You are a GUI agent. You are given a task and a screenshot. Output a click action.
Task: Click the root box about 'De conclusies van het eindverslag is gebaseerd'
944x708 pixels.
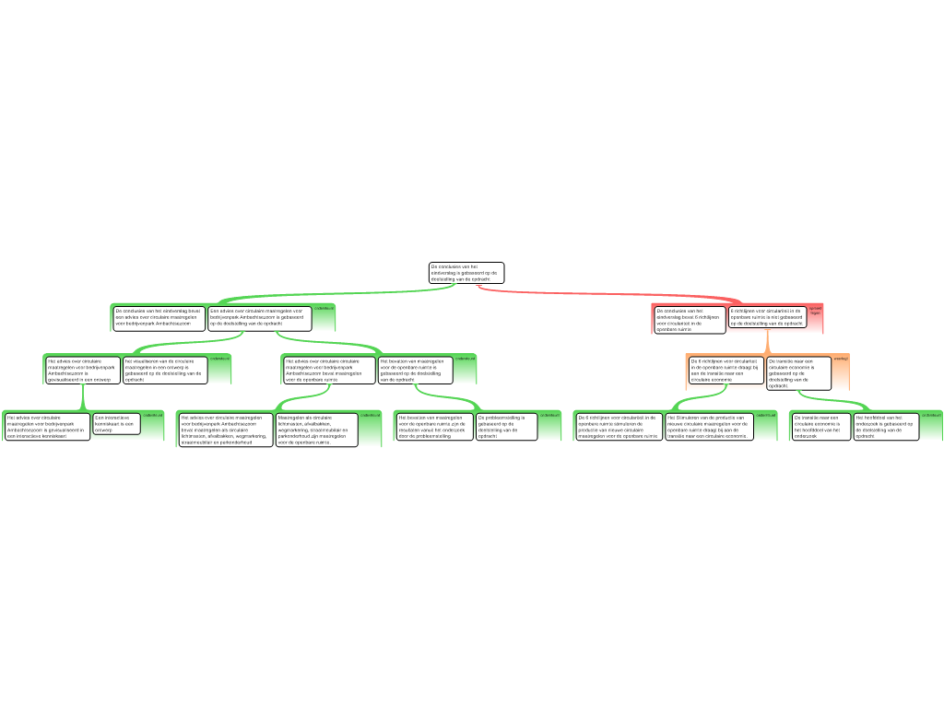click(x=466, y=273)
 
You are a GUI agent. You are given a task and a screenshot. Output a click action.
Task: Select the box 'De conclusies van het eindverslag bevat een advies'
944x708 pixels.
click(x=159, y=318)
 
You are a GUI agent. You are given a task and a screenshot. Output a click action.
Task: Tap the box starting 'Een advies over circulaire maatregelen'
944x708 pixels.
click(x=259, y=318)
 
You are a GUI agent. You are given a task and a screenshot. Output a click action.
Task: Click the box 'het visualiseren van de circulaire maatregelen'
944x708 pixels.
click(x=165, y=370)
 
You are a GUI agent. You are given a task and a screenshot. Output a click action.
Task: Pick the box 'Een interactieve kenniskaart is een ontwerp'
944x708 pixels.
click(x=116, y=423)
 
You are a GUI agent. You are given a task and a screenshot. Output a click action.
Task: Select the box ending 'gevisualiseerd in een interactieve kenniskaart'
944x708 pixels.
click(x=47, y=426)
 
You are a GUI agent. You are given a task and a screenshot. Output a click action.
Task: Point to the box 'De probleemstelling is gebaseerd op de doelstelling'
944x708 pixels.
click(x=504, y=426)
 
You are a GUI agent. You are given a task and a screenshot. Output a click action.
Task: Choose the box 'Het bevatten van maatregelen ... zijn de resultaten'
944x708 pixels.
click(x=433, y=426)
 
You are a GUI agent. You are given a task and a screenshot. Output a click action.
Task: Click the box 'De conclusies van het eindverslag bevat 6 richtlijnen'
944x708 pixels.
click(x=690, y=319)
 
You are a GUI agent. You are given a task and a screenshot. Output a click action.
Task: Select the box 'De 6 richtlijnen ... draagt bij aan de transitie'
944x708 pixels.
click(x=726, y=370)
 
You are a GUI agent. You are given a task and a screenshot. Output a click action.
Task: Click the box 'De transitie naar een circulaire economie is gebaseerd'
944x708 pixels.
click(x=797, y=372)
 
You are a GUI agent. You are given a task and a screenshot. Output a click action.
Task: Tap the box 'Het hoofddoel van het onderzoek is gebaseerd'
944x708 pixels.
click(x=886, y=426)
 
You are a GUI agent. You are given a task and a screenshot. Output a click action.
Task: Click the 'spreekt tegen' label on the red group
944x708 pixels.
click(x=815, y=311)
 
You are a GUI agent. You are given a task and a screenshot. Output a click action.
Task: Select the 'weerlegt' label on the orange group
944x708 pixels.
click(x=840, y=358)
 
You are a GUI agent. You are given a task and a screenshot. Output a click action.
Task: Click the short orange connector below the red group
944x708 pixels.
click(x=768, y=343)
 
